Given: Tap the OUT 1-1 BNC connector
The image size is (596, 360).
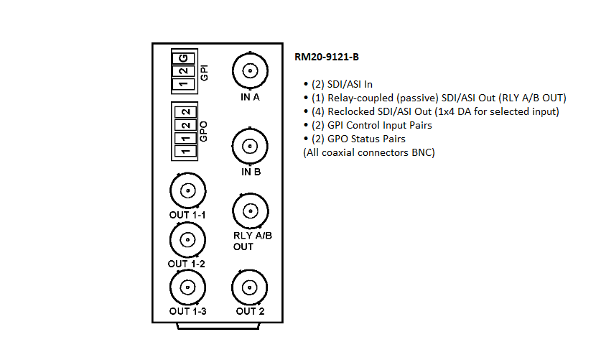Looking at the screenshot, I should (187, 191).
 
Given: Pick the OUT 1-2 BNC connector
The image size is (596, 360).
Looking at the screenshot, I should (187, 239).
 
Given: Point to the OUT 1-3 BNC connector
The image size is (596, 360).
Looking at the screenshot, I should (187, 287).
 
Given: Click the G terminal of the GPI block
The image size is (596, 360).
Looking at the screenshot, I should (185, 57).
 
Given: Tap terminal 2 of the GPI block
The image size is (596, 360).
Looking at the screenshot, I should (185, 70).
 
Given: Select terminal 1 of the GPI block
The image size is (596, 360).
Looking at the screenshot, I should (185, 85).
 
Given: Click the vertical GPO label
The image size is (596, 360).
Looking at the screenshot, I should (203, 131).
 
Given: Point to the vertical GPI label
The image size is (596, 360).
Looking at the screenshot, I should (204, 73).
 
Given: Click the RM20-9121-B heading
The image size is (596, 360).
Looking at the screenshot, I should (327, 57).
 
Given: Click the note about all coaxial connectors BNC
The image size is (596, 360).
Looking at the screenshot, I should (369, 152).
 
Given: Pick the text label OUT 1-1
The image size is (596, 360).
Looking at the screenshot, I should (188, 216).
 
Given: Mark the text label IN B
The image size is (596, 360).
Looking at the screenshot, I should (250, 172).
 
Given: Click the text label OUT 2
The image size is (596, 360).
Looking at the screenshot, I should (250, 311).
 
